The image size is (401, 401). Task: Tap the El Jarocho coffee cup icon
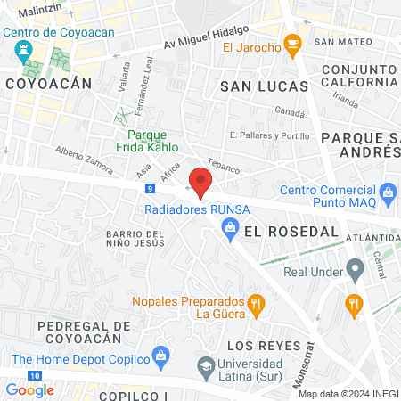click(x=291, y=44)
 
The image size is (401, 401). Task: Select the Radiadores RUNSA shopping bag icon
click(x=230, y=229)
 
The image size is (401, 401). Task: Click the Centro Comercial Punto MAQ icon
click(x=388, y=192)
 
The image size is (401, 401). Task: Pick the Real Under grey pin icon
click(x=355, y=267)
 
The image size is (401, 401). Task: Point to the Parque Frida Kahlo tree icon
click(x=120, y=116)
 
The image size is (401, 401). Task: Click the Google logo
click(x=29, y=389)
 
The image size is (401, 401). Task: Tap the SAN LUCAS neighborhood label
click(x=264, y=86)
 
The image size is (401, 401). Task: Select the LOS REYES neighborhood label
click(x=260, y=345)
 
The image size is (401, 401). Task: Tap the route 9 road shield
click(x=152, y=189)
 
